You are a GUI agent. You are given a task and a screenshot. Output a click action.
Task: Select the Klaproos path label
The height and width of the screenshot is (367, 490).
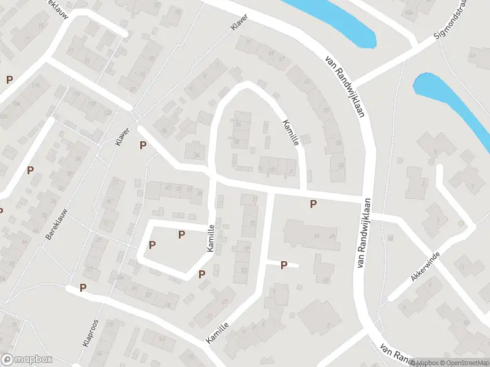90,333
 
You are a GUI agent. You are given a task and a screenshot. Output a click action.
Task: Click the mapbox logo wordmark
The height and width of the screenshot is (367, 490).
27,359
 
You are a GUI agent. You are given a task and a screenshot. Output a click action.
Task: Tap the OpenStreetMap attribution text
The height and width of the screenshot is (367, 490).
463,363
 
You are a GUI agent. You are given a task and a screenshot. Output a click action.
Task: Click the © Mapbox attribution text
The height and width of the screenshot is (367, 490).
423,363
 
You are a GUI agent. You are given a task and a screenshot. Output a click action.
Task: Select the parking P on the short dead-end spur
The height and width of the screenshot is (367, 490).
284,265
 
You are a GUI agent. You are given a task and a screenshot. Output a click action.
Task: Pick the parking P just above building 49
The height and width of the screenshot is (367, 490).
313,204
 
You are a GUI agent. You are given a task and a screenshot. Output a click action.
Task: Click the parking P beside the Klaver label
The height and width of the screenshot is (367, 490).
143,145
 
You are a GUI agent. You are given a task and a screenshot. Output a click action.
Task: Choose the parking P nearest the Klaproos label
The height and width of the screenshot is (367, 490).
83,287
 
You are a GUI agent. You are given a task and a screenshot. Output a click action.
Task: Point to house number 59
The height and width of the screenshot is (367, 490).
326,111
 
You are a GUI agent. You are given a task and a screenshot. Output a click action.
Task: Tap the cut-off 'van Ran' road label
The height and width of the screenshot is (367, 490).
399,355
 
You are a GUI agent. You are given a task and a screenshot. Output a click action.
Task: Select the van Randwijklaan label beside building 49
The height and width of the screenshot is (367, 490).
364,232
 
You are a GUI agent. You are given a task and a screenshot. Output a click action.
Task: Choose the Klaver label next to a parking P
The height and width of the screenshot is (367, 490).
123,136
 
